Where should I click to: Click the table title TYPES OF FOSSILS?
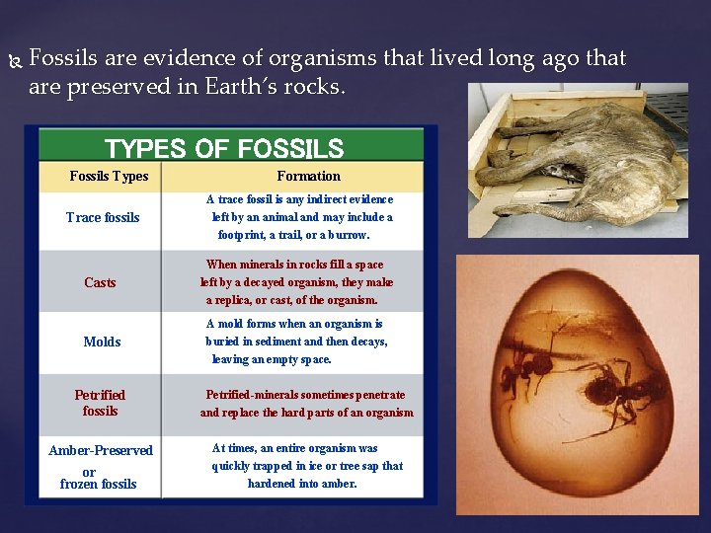click(224, 149)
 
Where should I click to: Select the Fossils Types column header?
click(109, 177)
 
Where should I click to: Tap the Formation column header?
click(308, 177)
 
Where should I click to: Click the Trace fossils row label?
click(103, 218)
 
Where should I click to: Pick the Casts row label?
click(100, 283)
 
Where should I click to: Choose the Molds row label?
click(102, 343)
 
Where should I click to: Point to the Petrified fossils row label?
click(100, 403)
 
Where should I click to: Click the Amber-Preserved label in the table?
click(101, 451)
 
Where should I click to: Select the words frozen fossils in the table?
click(98, 485)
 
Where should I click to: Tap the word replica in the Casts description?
click(236, 300)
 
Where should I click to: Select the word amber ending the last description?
click(339, 484)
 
